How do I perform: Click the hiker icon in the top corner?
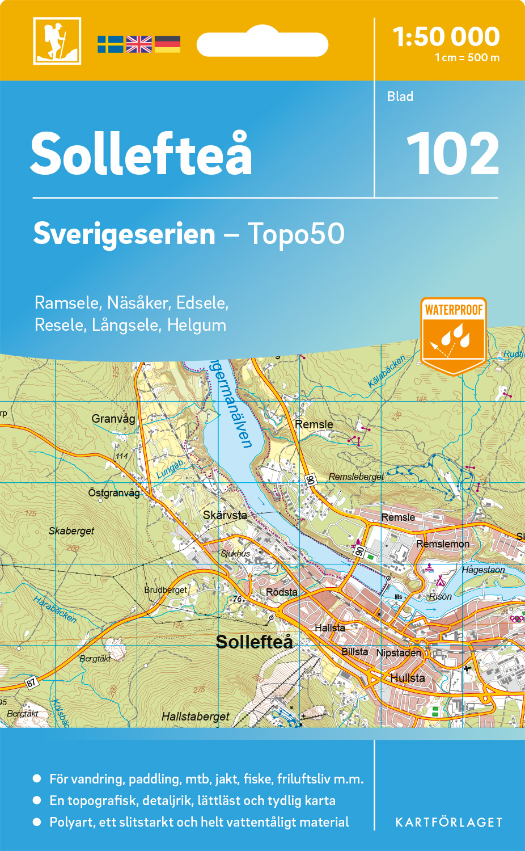point(57,41)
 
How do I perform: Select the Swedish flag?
point(110,44)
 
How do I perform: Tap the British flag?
point(139,44)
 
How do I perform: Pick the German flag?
point(167,44)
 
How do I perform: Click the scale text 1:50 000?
point(446,37)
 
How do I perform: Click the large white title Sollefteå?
point(141,154)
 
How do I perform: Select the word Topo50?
point(296,234)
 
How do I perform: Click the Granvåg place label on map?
point(113,419)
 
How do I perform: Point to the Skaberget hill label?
point(71,531)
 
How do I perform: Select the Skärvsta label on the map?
point(225,515)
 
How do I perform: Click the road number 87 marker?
point(32,682)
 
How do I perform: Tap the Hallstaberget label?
point(196,717)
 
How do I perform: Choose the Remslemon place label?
point(443,544)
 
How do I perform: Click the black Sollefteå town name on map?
point(255,642)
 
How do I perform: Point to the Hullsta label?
point(407,678)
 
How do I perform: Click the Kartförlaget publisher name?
point(449,823)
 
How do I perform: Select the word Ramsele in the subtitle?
point(67,303)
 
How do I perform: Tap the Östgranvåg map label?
point(114,492)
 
